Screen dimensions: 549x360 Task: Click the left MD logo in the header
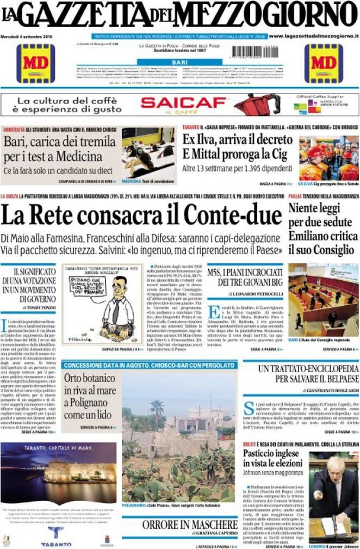point(35,63)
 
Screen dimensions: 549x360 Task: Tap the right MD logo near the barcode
point(323,63)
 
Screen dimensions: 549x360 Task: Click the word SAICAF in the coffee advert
point(183,102)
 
